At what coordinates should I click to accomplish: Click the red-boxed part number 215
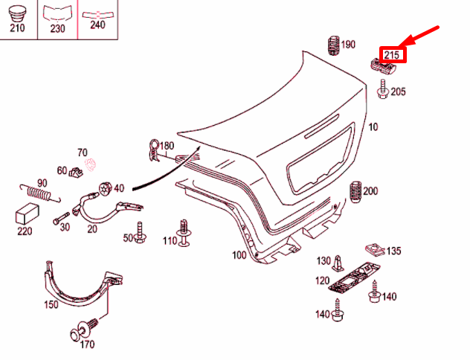391,55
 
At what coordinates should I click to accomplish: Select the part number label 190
348,45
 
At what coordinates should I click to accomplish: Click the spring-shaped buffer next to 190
333,45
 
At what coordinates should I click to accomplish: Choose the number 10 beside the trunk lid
373,127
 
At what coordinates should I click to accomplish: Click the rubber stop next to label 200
355,191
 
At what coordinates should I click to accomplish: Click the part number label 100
239,255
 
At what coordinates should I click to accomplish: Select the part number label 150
51,305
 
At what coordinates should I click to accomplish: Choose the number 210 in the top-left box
16,28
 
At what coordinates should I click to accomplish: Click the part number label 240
97,24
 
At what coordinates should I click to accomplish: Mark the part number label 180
166,145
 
